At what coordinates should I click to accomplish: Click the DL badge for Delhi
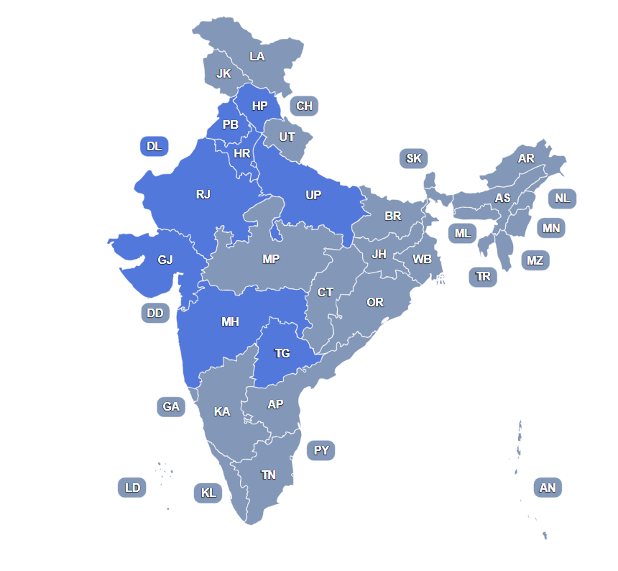tap(154, 147)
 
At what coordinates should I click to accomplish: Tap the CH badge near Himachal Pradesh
tap(305, 106)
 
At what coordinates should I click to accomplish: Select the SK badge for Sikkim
tap(414, 159)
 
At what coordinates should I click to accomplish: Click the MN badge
tap(551, 229)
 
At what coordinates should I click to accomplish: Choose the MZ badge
tap(535, 260)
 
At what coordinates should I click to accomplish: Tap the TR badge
tap(483, 277)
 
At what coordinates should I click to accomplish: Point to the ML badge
tap(463, 234)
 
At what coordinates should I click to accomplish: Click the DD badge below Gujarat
tap(155, 313)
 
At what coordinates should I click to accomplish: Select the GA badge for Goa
tap(171, 407)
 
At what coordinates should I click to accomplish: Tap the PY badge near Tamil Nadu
tap(321, 451)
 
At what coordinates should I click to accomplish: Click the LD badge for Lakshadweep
tap(132, 488)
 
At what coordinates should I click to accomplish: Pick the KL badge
tap(208, 493)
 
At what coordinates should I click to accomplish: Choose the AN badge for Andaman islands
tap(548, 488)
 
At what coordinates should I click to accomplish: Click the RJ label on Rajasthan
tap(203, 194)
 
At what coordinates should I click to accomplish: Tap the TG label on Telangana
tap(282, 354)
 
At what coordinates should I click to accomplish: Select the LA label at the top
tap(257, 56)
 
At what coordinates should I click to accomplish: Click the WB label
tap(422, 259)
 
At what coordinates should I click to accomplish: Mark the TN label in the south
tap(268, 475)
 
